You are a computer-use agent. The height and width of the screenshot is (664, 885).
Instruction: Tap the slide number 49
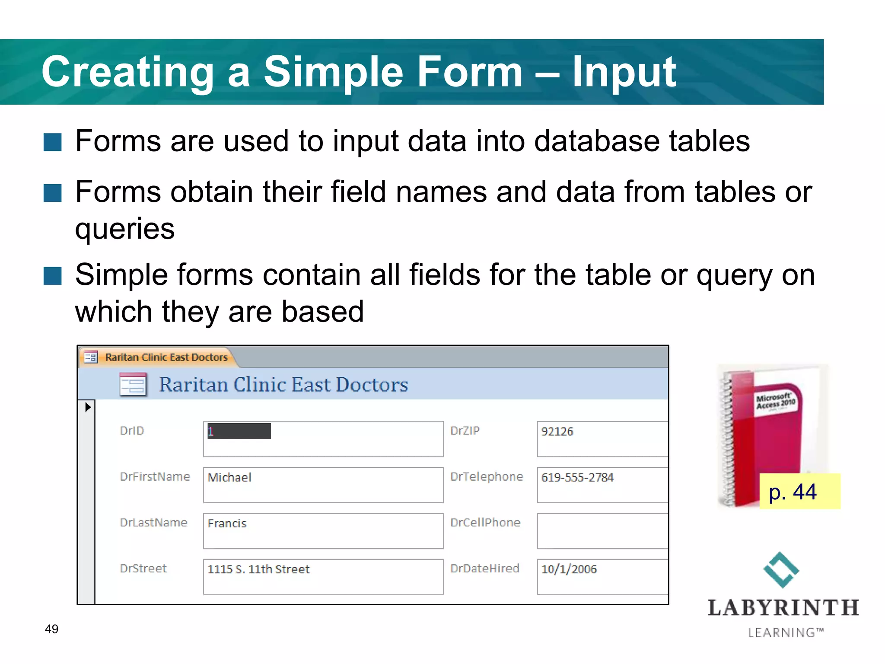(51, 629)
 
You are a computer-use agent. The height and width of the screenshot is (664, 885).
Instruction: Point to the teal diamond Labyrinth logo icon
(781, 570)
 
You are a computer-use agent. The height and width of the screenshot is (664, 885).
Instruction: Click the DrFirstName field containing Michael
(323, 484)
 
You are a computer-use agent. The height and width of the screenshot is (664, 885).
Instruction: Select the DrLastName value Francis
(227, 524)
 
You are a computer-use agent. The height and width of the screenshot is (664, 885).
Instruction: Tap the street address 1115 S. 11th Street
(258, 569)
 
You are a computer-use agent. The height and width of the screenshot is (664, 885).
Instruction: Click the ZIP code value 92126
(557, 431)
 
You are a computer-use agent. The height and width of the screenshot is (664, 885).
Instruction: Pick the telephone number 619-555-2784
(577, 477)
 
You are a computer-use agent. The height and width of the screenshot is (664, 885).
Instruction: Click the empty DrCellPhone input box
(602, 531)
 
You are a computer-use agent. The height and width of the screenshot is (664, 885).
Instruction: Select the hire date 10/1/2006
(569, 569)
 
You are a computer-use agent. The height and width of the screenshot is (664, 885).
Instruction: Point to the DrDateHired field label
(484, 568)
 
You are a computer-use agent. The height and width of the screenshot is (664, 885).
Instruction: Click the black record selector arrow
(88, 407)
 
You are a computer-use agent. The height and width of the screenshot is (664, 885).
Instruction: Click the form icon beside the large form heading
(133, 384)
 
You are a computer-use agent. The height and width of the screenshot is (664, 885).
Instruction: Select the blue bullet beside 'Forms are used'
(53, 142)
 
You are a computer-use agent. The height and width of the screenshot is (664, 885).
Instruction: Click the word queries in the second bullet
(125, 229)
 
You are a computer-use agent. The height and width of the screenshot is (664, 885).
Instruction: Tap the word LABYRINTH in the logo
(783, 608)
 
